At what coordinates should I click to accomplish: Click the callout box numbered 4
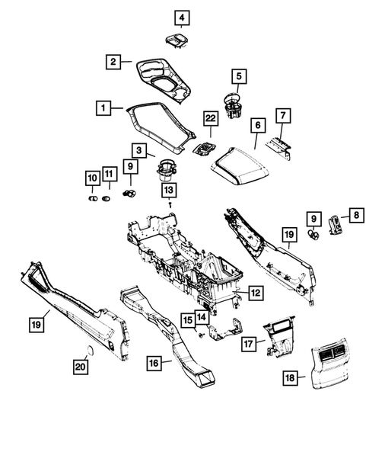pyautogui.click(x=181, y=16)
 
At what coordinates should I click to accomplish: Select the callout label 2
pyautogui.click(x=113, y=63)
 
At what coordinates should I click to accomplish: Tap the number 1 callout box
pyautogui.click(x=102, y=108)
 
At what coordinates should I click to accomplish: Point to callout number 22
pyautogui.click(x=211, y=118)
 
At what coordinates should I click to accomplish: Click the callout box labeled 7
pyautogui.click(x=282, y=116)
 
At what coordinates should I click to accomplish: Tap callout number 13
pyautogui.click(x=167, y=189)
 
